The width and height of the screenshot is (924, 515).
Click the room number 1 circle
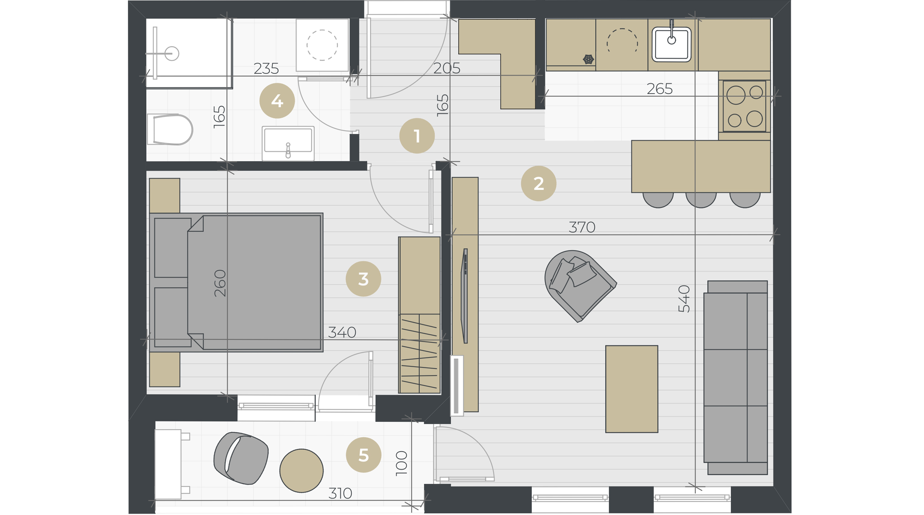pyautogui.click(x=417, y=136)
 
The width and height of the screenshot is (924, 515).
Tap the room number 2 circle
pyautogui.click(x=538, y=183)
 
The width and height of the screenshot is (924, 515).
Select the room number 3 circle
pyautogui.click(x=363, y=279)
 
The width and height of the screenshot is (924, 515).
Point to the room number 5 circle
pyautogui.click(x=363, y=455)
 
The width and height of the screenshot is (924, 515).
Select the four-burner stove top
pyautogui.click(x=744, y=106)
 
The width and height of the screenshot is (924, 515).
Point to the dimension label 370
pyautogui.click(x=582, y=227)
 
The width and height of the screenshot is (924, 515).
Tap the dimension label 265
pyautogui.click(x=660, y=89)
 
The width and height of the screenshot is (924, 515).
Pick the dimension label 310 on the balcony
pyautogui.click(x=340, y=494)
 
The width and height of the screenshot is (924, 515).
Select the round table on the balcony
pyautogui.click(x=301, y=470)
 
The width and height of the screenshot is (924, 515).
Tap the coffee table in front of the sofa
pyautogui.click(x=632, y=389)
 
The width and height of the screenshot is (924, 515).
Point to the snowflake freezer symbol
pyautogui.click(x=588, y=59)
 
